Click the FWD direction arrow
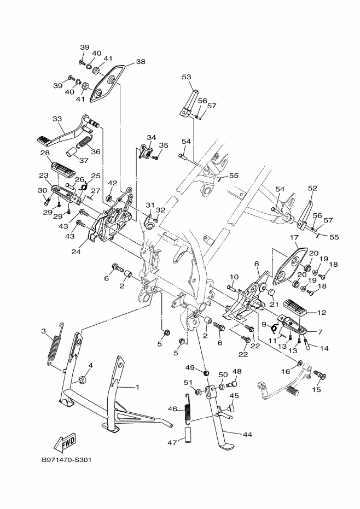click(65, 443)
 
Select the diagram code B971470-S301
click(66, 460)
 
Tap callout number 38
click(141, 61)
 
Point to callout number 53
click(187, 77)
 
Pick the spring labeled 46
click(188, 409)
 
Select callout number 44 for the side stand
click(248, 434)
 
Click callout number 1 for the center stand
click(137, 387)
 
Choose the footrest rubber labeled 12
click(295, 307)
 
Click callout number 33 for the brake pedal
click(57, 119)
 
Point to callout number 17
click(294, 238)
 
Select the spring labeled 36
click(84, 142)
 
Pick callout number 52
click(312, 188)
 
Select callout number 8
click(257, 264)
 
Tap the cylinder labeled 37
click(72, 152)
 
